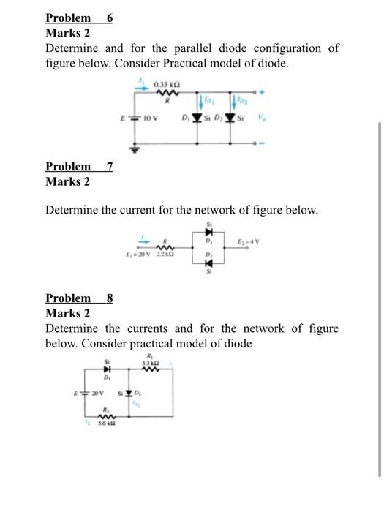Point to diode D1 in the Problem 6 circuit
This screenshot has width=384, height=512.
coord(196,117)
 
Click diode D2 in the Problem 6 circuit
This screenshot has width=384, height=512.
coord(233,117)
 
